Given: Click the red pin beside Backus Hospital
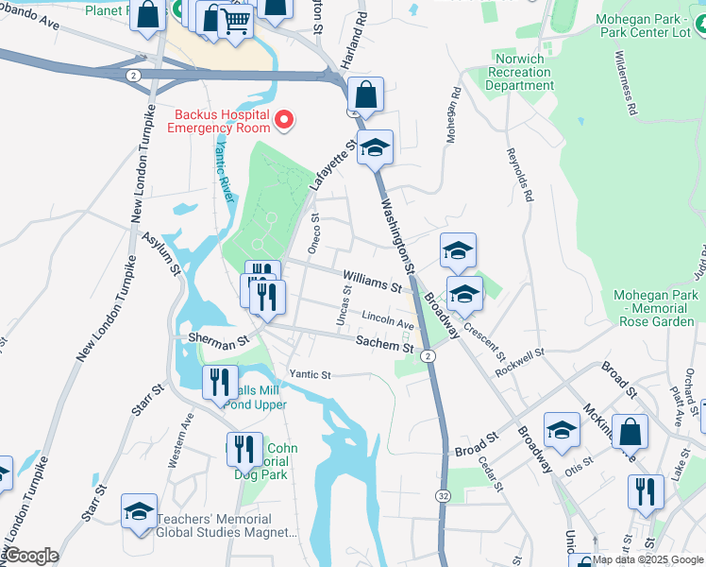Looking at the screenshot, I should [284, 120].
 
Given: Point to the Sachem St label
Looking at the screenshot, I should [384, 347].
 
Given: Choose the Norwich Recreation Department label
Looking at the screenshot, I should [519, 73].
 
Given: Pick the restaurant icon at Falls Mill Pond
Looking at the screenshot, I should [221, 383].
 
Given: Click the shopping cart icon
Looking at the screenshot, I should [235, 20].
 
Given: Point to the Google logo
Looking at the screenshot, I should [30, 556].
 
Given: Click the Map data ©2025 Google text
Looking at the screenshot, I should [647, 559].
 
